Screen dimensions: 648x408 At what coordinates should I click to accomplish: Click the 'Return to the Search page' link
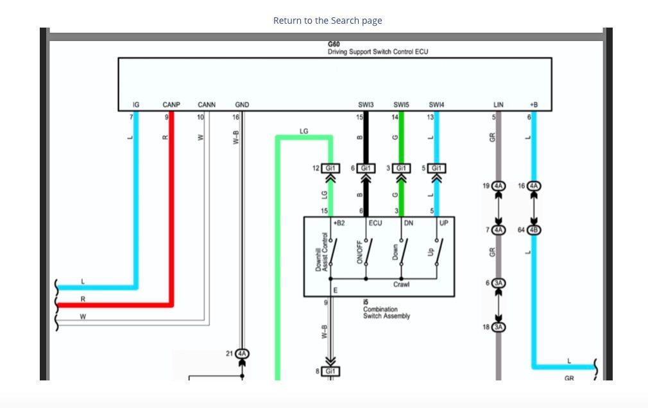click(x=327, y=21)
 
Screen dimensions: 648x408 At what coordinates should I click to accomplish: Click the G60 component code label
click(x=334, y=44)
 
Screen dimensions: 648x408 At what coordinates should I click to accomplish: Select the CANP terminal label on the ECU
click(x=171, y=105)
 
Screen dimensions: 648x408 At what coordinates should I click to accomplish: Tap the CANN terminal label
click(x=207, y=105)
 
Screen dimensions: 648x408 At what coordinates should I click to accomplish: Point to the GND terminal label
click(x=242, y=105)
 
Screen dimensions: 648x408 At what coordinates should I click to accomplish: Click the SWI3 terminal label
click(x=366, y=105)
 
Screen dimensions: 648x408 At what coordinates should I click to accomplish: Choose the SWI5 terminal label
click(x=401, y=105)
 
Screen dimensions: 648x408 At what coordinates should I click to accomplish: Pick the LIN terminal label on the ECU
click(x=499, y=105)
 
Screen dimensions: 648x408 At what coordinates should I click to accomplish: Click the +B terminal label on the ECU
click(x=534, y=105)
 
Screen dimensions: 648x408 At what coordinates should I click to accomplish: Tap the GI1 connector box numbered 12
click(x=330, y=168)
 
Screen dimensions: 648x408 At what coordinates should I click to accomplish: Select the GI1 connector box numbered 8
click(x=330, y=371)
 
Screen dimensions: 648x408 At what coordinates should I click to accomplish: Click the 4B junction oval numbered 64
click(x=534, y=230)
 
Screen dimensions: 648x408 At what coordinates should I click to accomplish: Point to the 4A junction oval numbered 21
click(x=242, y=354)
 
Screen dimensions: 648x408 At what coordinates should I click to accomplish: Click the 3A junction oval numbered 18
click(x=499, y=327)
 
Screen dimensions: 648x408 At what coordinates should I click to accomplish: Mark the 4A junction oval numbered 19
click(x=499, y=186)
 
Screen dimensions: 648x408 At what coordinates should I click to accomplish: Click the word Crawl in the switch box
click(x=401, y=284)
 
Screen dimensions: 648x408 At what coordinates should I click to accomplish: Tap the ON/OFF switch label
click(x=359, y=252)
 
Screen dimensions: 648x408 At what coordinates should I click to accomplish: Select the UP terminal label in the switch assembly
click(x=444, y=223)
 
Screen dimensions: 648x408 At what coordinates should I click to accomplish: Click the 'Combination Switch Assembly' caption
click(x=387, y=312)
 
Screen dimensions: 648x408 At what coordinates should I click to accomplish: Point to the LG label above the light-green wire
click(x=303, y=131)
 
